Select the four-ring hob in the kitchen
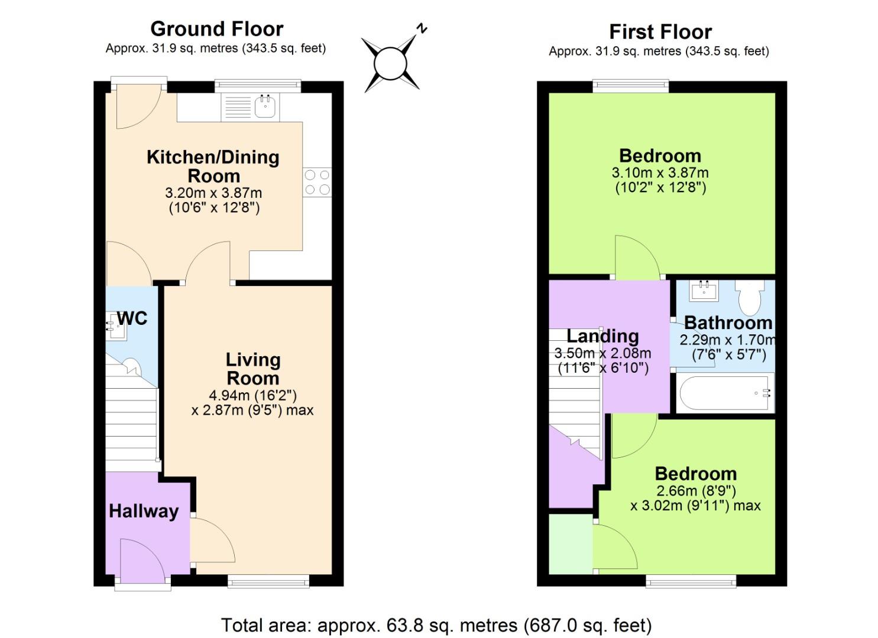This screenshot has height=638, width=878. (x=317, y=182)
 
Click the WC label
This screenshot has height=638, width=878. (x=132, y=318)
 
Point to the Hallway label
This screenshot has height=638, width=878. (x=144, y=511)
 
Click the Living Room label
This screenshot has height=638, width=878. (x=253, y=369)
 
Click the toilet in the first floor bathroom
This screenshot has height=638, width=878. (x=750, y=297)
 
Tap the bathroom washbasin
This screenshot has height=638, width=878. (x=704, y=290)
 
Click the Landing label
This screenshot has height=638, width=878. (x=602, y=336)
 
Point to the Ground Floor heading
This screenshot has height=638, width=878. (x=216, y=28)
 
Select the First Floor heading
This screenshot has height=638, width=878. (x=660, y=31)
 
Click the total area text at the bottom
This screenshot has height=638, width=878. (x=436, y=624)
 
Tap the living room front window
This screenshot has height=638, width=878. (x=268, y=582)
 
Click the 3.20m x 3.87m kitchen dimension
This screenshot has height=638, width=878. (x=213, y=193)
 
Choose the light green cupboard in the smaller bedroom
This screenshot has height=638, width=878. (x=571, y=544)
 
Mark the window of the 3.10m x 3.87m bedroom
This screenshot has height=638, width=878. (x=631, y=86)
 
